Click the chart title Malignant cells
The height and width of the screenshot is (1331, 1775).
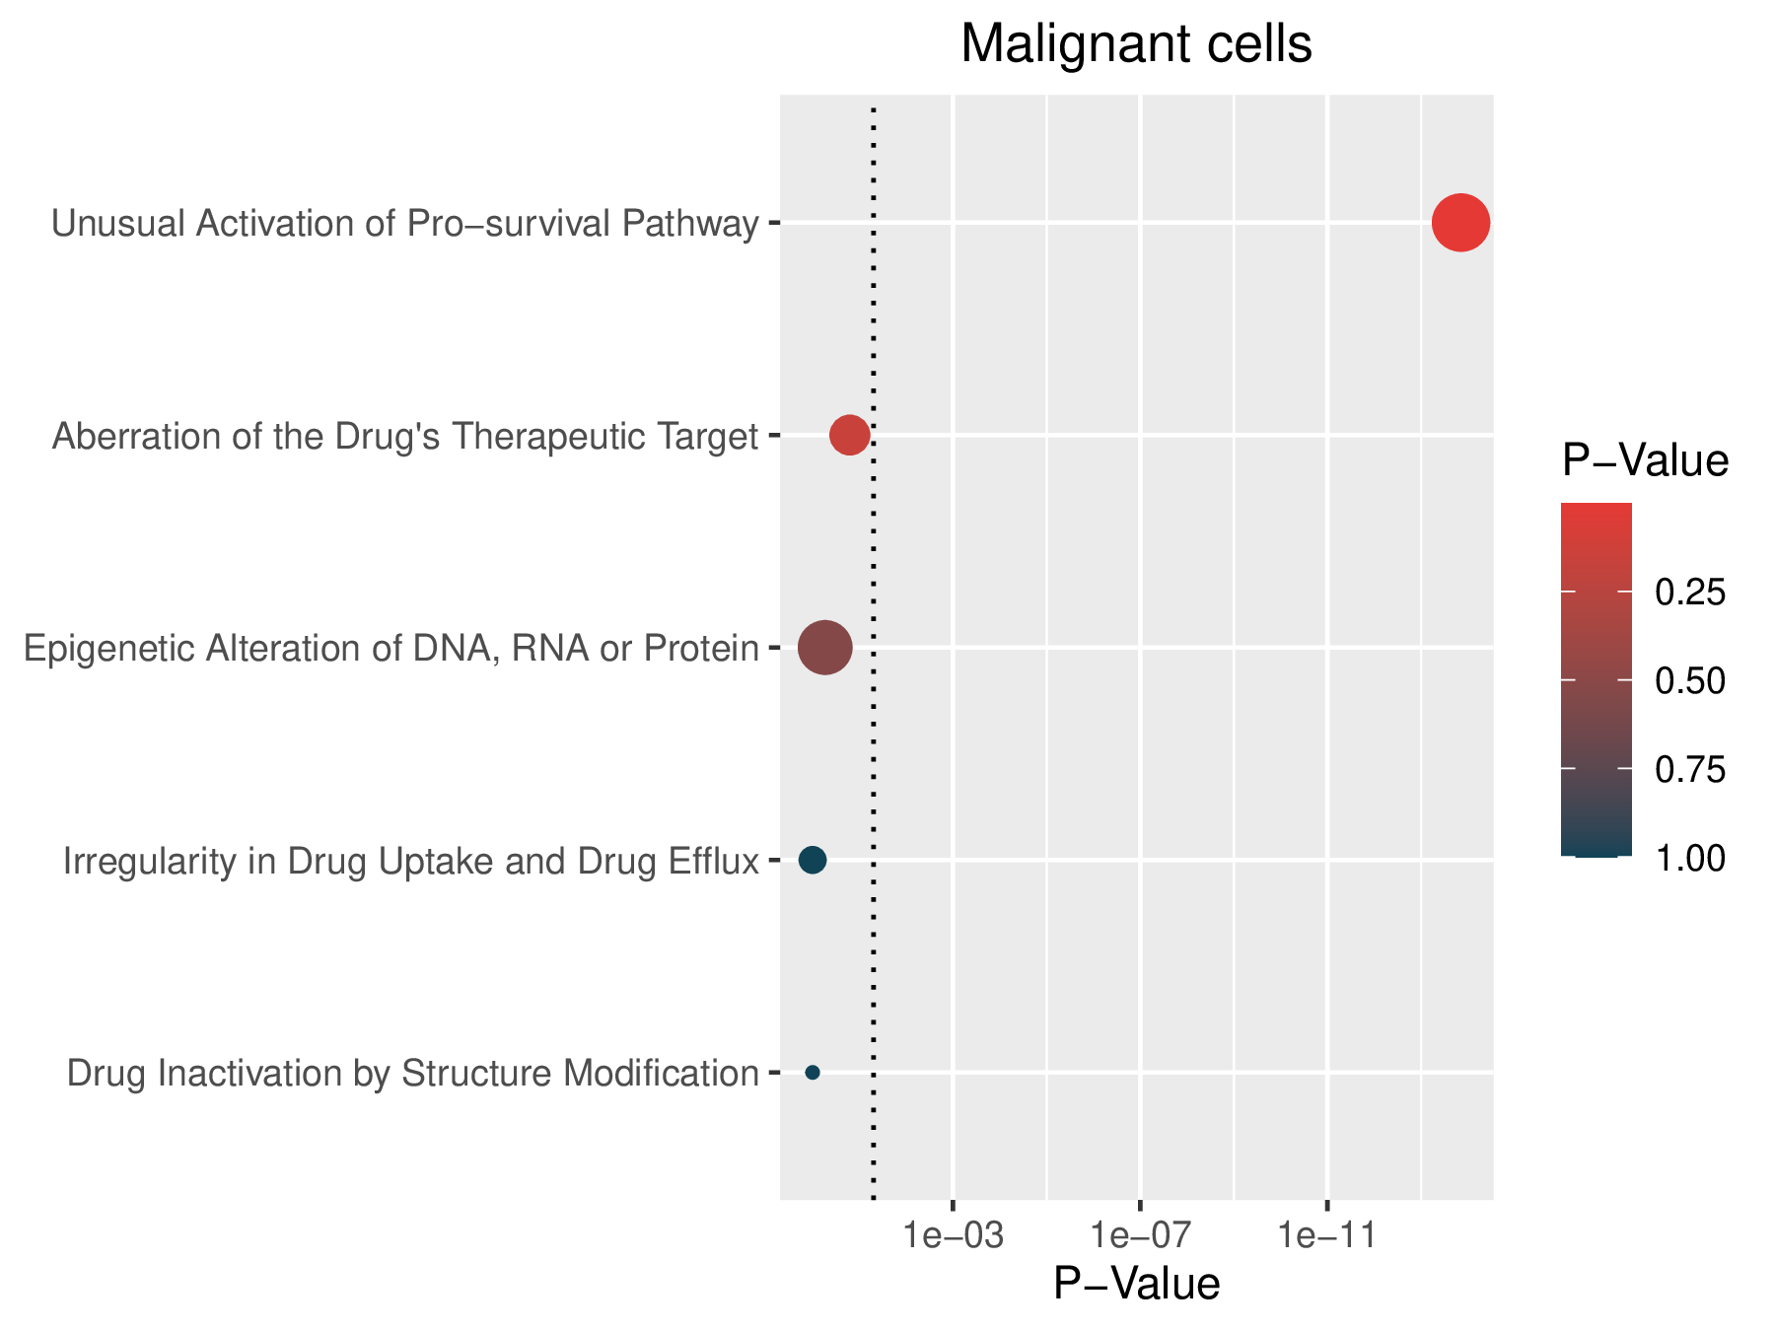click(1136, 45)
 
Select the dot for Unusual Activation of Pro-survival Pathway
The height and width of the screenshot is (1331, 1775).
click(1460, 224)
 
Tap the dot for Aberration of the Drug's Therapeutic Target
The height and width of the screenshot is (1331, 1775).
click(849, 435)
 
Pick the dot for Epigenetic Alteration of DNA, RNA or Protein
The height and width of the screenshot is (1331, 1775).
click(824, 648)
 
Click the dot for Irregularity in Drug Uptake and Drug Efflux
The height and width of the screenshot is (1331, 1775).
click(812, 860)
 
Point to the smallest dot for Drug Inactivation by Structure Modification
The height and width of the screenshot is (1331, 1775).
click(813, 1072)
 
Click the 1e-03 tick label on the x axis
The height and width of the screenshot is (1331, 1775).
click(953, 1235)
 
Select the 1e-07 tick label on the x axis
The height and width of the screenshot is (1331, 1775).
click(1140, 1235)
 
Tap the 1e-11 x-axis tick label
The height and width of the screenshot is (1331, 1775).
click(1327, 1235)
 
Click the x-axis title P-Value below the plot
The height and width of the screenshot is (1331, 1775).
click(1136, 1284)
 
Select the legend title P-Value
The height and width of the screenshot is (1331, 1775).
click(1645, 460)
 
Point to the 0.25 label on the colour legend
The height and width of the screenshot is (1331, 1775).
click(1690, 593)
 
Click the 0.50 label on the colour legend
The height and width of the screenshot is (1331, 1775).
click(1690, 681)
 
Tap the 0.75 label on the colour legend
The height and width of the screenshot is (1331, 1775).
click(1690, 769)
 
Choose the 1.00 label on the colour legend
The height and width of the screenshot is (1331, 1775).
click(1690, 858)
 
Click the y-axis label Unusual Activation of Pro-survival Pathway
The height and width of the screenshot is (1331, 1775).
click(405, 225)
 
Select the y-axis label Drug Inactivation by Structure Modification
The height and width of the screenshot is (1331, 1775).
click(413, 1073)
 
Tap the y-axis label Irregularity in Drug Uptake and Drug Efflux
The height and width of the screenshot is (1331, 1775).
click(411, 862)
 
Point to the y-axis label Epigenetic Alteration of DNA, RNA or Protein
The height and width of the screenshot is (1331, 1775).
click(391, 649)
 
